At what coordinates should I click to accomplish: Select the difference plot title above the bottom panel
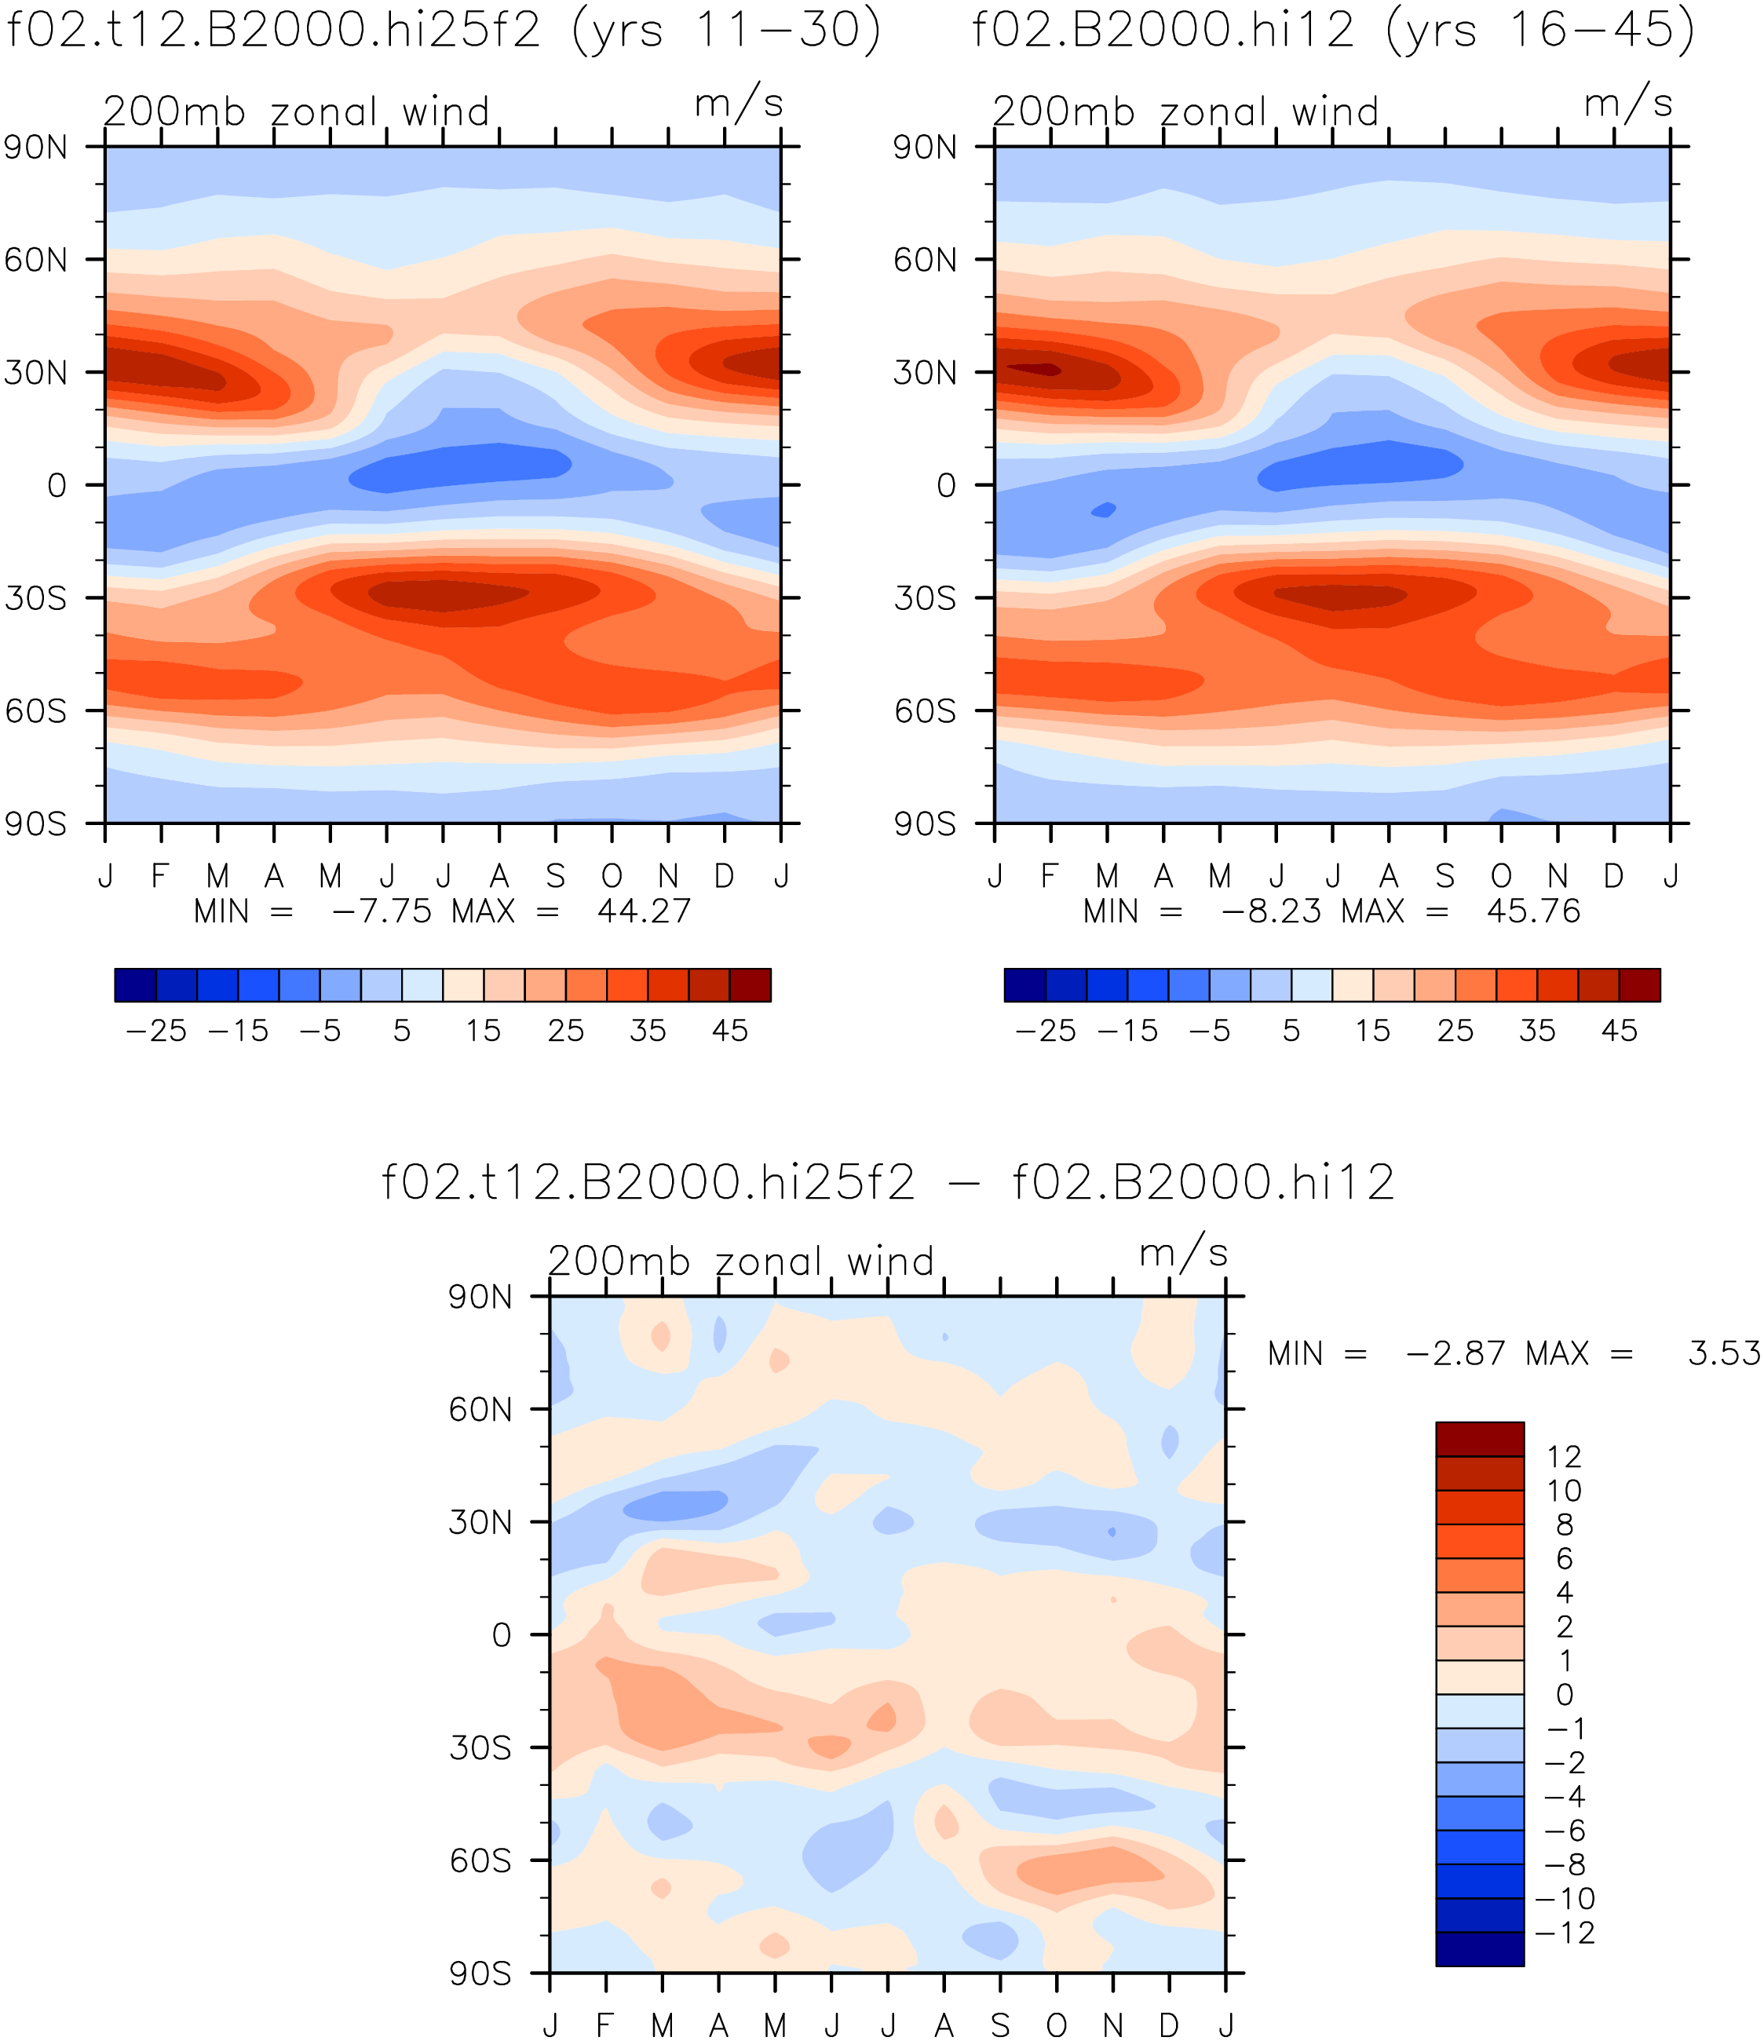coord(889,1182)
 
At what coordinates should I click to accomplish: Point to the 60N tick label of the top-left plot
coord(36,260)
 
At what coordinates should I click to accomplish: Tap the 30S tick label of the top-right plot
coord(925,598)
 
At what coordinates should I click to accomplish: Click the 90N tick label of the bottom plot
coord(480,1298)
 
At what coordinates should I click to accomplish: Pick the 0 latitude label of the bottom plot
coord(502,1636)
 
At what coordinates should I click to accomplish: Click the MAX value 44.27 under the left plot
coord(645,911)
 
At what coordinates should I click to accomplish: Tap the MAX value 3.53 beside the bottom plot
coord(1724,1353)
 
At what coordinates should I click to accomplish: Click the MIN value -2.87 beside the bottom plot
coord(1455,1353)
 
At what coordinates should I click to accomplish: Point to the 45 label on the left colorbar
coord(731,1031)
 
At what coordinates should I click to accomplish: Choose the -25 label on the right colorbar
coord(1045,1031)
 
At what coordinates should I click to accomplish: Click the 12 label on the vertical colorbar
coord(1564,1456)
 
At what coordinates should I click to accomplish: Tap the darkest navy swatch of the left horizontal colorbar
coord(135,985)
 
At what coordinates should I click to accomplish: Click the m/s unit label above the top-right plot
coord(1628,104)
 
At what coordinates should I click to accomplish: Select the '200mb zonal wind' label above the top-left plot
coord(297,112)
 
